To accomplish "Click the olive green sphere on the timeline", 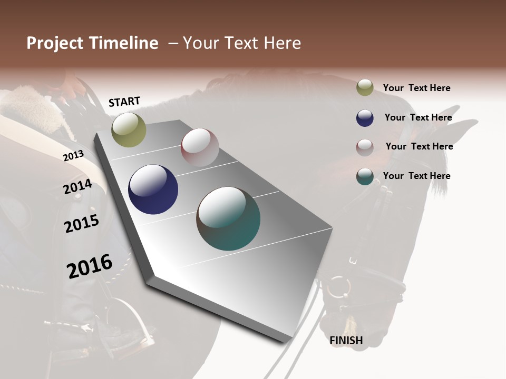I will coord(129,129).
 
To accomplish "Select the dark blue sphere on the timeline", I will coord(153,189).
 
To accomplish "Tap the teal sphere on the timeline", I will coord(228,218).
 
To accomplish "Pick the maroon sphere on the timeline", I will coord(200,147).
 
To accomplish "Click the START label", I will coord(124,102).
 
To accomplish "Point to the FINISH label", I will coord(346,341).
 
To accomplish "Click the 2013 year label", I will coord(73,156).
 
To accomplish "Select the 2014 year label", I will coord(77,187).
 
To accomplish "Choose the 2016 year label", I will coord(90,266).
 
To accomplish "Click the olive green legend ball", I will coord(365,88).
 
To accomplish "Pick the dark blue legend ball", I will coord(365,118).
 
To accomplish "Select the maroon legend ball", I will coord(365,147).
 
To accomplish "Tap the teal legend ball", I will coord(365,176).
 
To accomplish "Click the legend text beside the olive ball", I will coord(416,88).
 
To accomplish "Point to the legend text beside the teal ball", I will coord(416,176).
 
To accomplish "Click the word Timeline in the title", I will coord(123,43).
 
